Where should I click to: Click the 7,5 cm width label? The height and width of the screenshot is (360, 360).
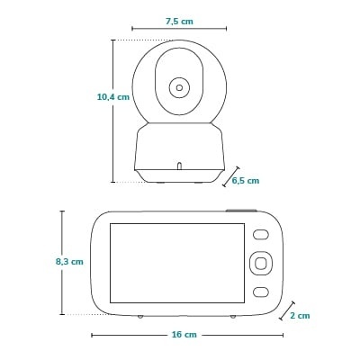click(x=179, y=21)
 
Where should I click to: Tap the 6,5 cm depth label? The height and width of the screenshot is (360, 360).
click(x=245, y=180)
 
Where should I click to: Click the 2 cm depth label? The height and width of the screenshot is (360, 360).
click(x=300, y=315)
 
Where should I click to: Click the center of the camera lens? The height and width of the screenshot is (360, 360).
click(x=178, y=88)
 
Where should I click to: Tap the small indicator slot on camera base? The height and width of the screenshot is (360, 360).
click(x=178, y=166)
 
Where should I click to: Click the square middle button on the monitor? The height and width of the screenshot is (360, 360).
click(x=260, y=263)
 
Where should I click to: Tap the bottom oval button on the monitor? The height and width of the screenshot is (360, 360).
click(x=260, y=291)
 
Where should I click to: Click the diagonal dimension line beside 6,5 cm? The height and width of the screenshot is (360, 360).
click(x=229, y=176)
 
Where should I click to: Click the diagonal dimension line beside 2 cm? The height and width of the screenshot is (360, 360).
click(x=287, y=310)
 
